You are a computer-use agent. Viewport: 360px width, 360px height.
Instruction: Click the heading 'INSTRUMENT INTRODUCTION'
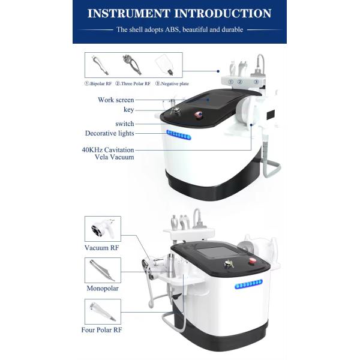179,13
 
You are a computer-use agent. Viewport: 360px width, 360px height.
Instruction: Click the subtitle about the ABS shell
179,29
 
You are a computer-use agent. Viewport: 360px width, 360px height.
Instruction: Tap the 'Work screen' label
116,100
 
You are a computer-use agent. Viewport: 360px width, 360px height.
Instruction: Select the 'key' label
128,110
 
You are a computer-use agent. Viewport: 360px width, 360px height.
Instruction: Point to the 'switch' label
125,124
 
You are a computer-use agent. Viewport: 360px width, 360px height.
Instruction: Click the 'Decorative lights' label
110,133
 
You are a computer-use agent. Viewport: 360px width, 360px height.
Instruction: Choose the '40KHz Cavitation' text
108,150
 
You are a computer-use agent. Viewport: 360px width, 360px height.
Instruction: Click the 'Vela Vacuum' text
115,157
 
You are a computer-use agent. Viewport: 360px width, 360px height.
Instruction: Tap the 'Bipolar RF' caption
98,84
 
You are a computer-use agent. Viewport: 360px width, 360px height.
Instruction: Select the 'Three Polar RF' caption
133,84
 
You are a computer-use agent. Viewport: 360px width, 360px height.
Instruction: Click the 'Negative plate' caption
172,84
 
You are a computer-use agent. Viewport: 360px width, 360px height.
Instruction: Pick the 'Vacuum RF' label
102,248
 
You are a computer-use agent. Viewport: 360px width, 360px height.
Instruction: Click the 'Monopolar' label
103,289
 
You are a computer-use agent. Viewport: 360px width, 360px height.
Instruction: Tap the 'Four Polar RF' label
102,330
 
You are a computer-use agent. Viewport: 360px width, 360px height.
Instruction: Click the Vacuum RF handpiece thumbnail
103,229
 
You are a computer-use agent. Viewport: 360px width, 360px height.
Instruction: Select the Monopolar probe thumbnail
103,271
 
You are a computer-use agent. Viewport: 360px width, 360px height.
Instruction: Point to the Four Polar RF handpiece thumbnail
103,312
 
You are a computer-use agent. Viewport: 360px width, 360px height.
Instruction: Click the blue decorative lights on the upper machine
179,135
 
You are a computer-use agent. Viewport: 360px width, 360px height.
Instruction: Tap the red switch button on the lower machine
252,261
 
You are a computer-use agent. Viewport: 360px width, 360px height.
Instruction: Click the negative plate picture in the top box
164,65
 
